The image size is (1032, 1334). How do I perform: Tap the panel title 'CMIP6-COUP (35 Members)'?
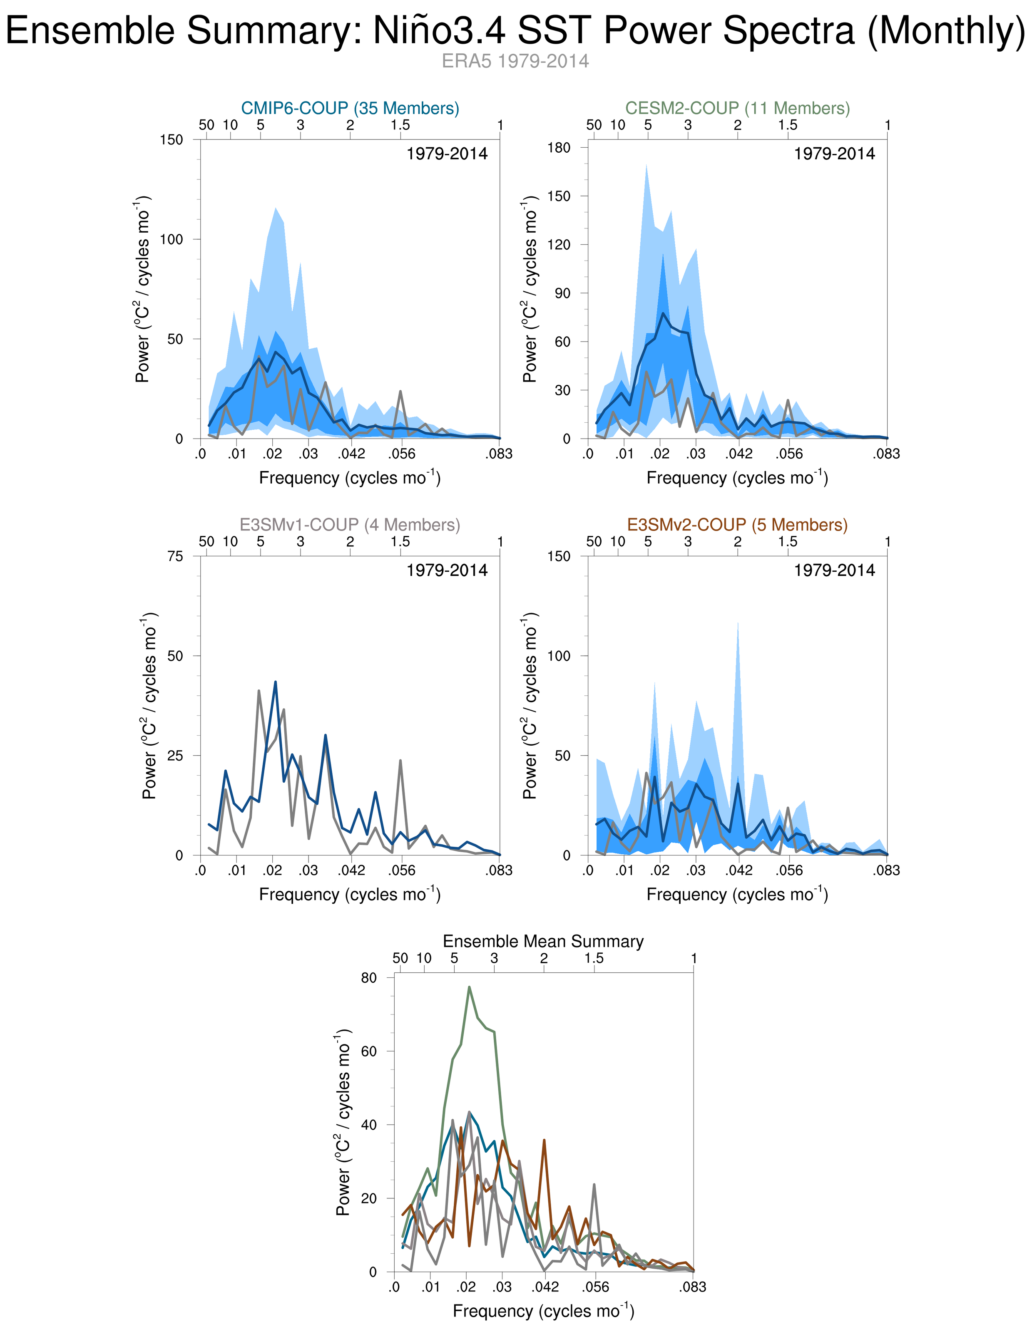click(350, 108)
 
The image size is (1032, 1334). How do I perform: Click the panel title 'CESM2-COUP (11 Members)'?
click(738, 108)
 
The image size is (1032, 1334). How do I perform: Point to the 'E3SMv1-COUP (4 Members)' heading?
click(350, 525)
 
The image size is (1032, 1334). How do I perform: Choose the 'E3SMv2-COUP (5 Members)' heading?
click(738, 525)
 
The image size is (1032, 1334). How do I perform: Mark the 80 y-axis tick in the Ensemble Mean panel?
click(369, 978)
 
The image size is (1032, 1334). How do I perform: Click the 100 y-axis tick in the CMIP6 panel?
click(171, 239)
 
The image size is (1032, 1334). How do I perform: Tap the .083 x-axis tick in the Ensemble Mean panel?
click(693, 1287)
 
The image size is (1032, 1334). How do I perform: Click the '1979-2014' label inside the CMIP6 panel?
click(447, 154)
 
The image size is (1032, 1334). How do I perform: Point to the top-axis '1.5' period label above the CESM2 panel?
click(788, 125)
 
